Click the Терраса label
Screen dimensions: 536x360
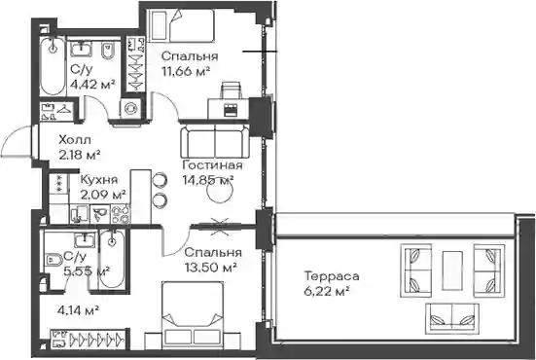(x=332, y=276)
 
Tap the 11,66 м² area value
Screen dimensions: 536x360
(x=186, y=71)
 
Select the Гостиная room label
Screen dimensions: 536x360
(x=213, y=165)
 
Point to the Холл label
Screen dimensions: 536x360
(x=75, y=140)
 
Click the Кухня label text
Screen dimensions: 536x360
(x=99, y=180)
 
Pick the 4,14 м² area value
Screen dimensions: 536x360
(x=79, y=310)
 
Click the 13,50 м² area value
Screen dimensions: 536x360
(x=211, y=267)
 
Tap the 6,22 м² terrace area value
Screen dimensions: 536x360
(x=326, y=291)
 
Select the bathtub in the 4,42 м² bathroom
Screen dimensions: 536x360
(x=53, y=66)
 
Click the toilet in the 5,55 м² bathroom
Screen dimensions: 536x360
(x=53, y=260)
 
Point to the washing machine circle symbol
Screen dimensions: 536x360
(x=130, y=109)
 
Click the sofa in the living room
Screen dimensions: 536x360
(x=215, y=141)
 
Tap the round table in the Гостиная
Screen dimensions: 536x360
(x=220, y=192)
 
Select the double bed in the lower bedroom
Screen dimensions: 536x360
(x=192, y=314)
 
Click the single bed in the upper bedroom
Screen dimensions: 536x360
(x=182, y=25)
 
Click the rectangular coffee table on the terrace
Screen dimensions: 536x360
(x=452, y=270)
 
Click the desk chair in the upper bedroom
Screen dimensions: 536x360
(x=231, y=90)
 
